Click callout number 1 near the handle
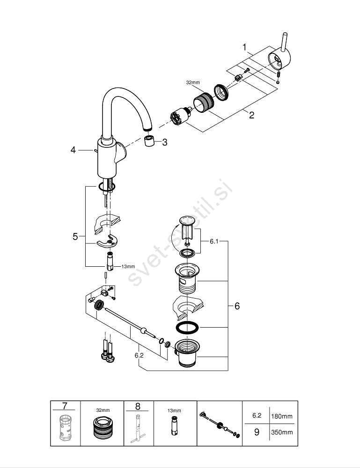click(x=244, y=47)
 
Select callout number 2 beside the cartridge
click(x=251, y=115)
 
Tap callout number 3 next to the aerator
click(x=164, y=142)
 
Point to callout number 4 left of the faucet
click(x=73, y=150)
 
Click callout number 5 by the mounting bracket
click(x=75, y=237)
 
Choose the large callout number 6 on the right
click(x=237, y=306)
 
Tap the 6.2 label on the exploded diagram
click(x=139, y=355)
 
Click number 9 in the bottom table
click(x=256, y=432)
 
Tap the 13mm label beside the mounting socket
click(x=128, y=266)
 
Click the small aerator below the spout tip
click(x=150, y=142)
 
